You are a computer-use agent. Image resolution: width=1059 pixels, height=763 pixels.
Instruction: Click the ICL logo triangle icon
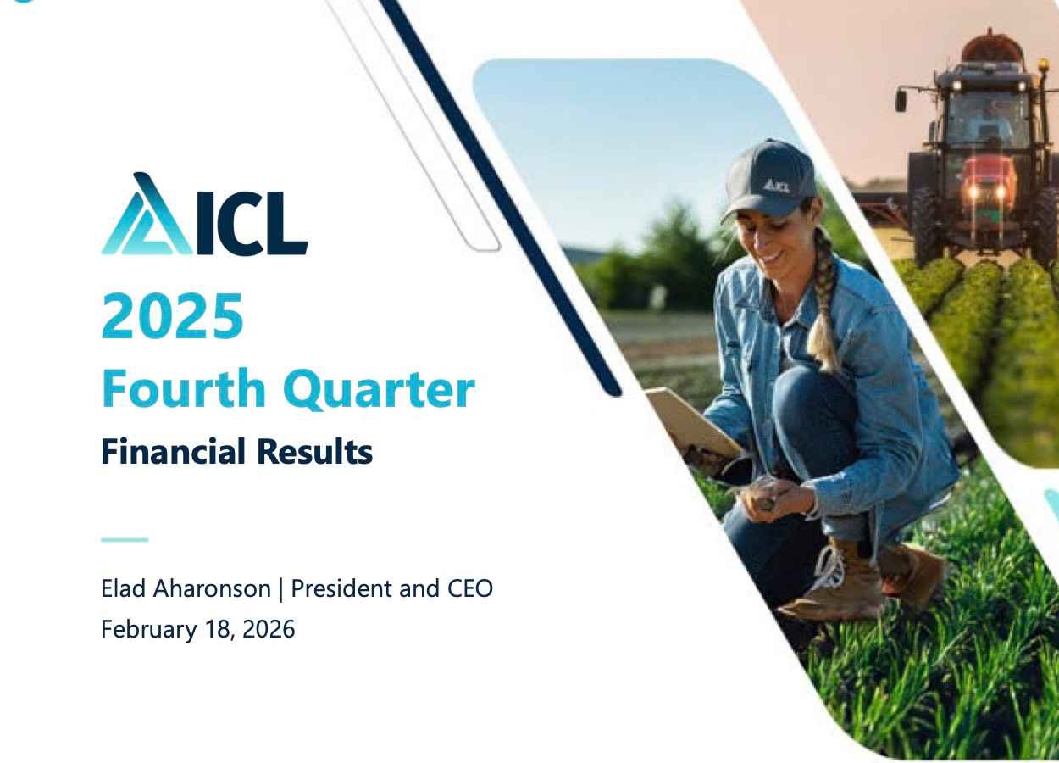coord(147,217)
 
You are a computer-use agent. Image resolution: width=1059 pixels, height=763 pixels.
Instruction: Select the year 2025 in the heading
coord(172,315)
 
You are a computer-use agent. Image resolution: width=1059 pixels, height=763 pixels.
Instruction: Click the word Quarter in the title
coord(378,390)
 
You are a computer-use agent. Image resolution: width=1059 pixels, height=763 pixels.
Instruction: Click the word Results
coord(314,451)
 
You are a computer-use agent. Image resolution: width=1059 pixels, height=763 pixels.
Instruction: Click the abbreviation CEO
coord(469,588)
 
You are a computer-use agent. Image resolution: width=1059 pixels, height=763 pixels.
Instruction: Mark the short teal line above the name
coord(124,539)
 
